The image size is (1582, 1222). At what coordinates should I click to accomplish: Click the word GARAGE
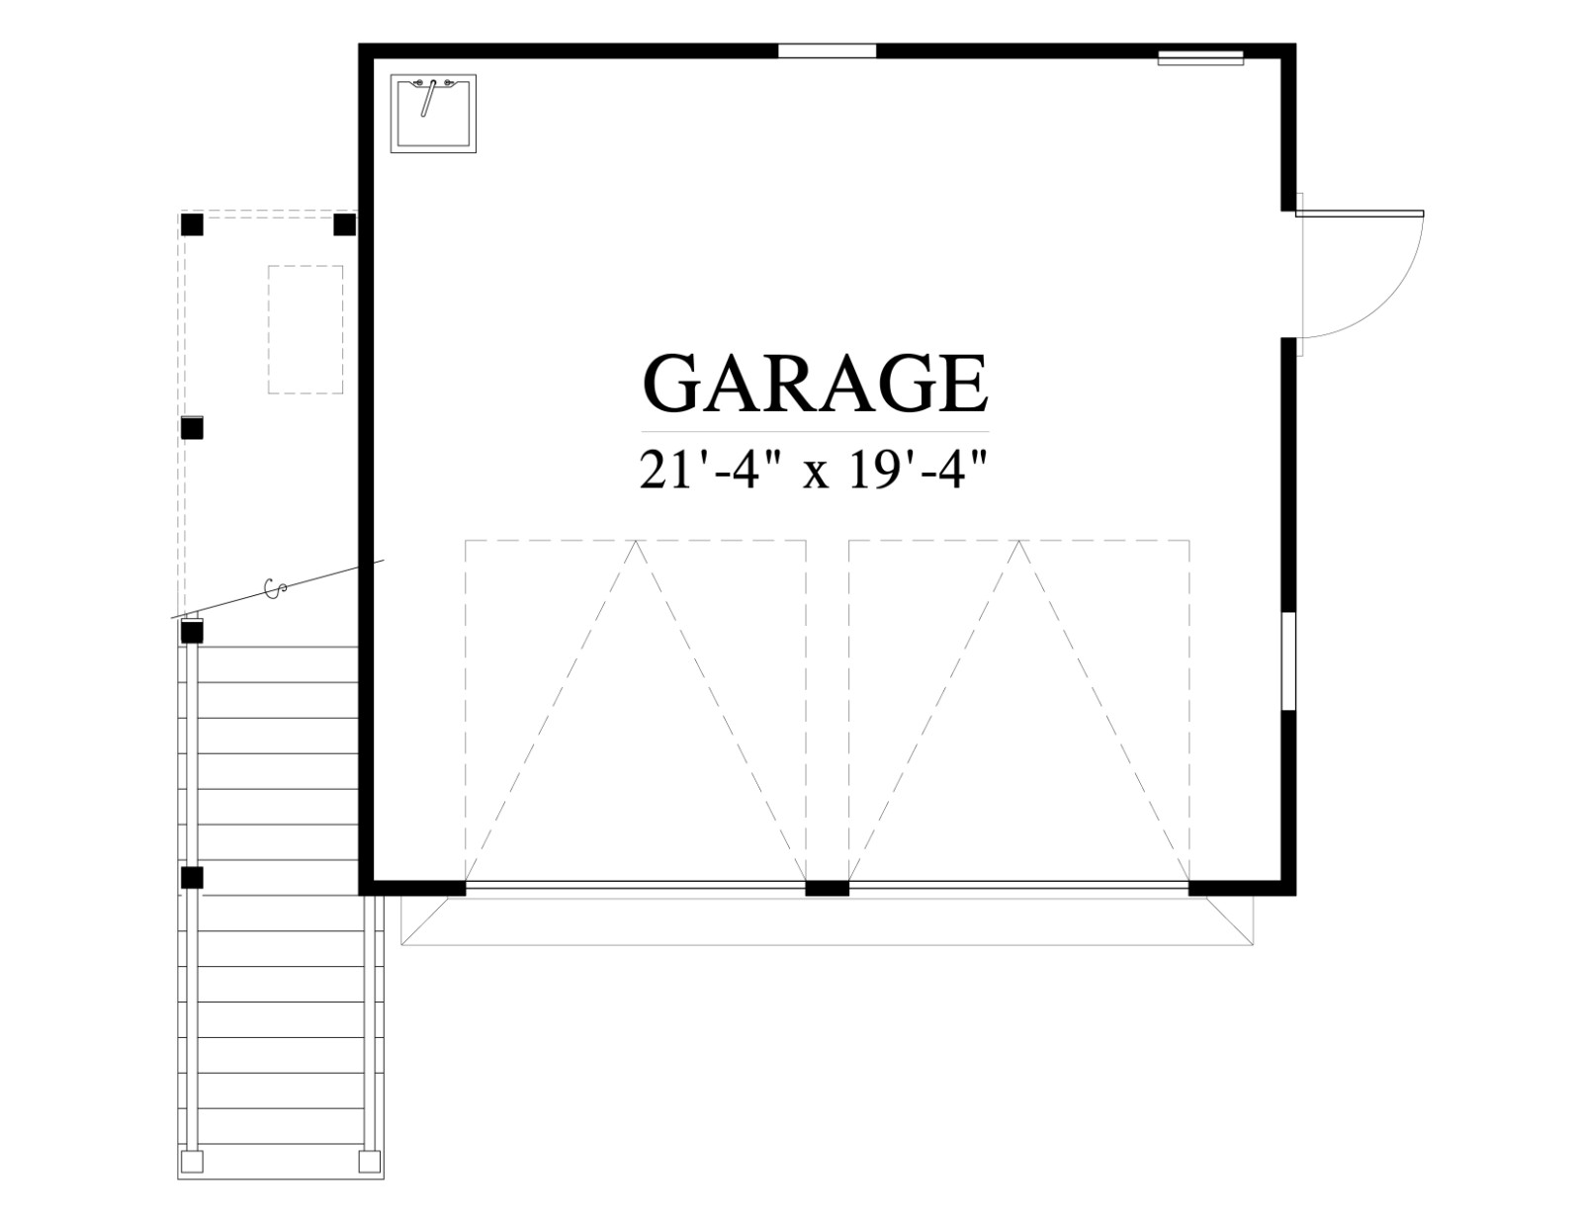[x=816, y=384]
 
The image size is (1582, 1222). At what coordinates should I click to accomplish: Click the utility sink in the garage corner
[x=433, y=113]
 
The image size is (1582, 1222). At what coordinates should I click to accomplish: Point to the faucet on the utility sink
[x=428, y=98]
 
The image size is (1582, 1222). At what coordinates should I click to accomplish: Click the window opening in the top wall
[x=827, y=51]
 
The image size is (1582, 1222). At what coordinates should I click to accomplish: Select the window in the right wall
[x=1288, y=660]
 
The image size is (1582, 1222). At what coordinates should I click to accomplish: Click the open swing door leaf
[x=1359, y=214]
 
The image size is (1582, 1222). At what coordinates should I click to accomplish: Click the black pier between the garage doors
[x=827, y=889]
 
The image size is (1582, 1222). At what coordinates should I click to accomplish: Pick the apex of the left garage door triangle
[x=636, y=541]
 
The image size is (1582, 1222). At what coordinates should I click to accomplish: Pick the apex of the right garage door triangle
[x=1018, y=541]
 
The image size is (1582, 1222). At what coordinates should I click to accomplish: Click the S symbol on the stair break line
[x=274, y=588]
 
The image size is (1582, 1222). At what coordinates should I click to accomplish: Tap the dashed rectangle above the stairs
[x=306, y=329]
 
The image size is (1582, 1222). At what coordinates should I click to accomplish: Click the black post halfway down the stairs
[x=192, y=878]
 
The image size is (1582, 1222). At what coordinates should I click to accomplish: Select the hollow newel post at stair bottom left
[x=192, y=1160]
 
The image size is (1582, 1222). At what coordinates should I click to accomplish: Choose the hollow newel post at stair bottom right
[x=370, y=1160]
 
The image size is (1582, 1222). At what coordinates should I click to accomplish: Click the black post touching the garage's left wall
[x=345, y=224]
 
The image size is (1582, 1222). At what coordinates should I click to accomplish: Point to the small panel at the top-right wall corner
[x=1200, y=57]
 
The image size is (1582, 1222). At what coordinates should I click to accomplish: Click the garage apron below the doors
[x=827, y=920]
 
